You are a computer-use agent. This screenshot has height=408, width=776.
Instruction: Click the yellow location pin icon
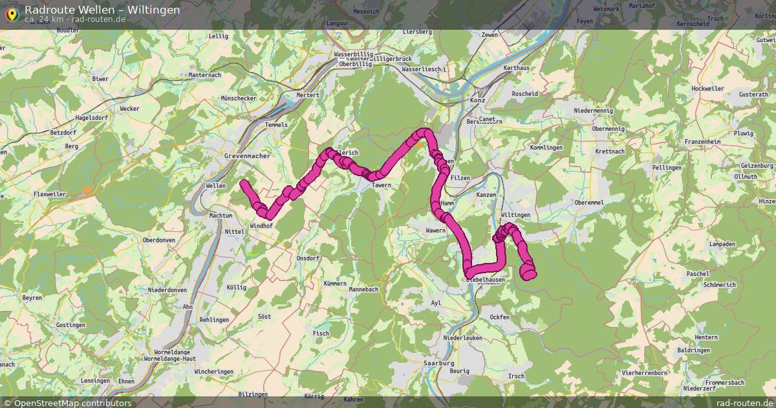pyautogui.click(x=10, y=13)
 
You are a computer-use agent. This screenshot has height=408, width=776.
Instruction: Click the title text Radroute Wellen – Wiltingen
pyautogui.click(x=102, y=10)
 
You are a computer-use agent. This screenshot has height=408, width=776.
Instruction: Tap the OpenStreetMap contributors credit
pyautogui.click(x=72, y=403)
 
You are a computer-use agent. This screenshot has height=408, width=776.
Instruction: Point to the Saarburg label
pyautogui.click(x=439, y=363)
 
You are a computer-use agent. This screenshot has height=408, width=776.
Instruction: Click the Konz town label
pyautogui.click(x=477, y=100)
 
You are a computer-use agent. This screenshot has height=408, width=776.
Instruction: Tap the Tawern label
pyautogui.click(x=382, y=185)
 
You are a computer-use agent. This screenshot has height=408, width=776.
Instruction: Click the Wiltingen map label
pyautogui.click(x=515, y=215)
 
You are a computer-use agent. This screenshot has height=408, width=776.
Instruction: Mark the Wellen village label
pyautogui.click(x=215, y=185)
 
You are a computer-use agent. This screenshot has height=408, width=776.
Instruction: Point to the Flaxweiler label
pyautogui.click(x=50, y=193)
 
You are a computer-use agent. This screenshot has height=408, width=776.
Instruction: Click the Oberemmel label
pyautogui.click(x=588, y=203)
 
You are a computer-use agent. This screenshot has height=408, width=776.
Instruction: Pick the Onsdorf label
pyautogui.click(x=308, y=258)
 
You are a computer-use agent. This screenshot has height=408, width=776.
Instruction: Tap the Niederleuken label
pyautogui.click(x=463, y=338)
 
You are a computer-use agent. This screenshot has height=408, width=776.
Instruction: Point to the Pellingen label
pyautogui.click(x=667, y=168)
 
